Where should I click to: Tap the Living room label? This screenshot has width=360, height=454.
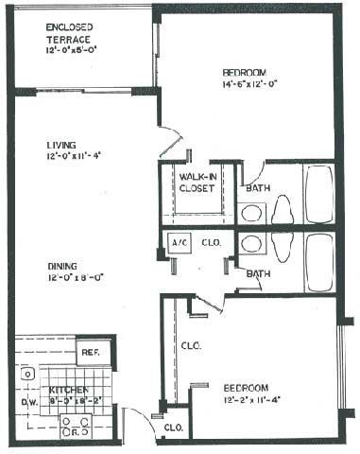point(60,145)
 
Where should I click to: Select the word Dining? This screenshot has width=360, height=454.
point(61,266)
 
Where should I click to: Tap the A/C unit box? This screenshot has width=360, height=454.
point(178,242)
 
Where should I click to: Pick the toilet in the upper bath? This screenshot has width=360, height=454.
point(283,212)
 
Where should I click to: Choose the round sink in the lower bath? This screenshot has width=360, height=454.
point(251,243)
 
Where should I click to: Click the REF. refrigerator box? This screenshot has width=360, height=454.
point(92,353)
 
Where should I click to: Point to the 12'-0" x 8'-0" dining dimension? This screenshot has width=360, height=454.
point(66,278)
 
